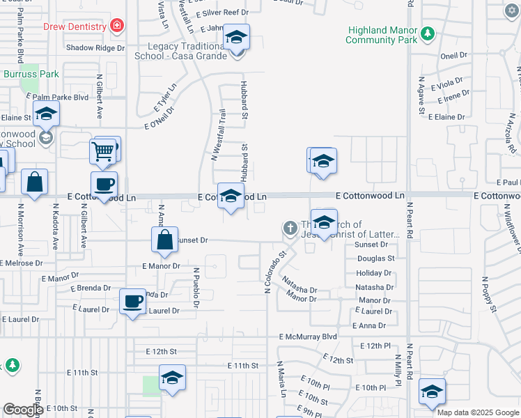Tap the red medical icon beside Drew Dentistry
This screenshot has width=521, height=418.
tap(117, 27)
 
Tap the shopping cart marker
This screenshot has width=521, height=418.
tap(103, 150)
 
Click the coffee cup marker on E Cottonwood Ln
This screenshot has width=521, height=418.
tap(104, 185)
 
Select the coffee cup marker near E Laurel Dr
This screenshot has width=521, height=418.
tap(132, 302)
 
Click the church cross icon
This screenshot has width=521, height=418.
tap(290, 228)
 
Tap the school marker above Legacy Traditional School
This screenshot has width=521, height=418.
tap(237, 37)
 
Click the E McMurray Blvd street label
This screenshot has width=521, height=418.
tap(307, 336)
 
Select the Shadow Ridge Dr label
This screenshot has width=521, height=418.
tap(95, 48)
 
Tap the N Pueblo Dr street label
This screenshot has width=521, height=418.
tap(196, 288)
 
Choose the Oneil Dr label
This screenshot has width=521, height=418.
tap(453, 55)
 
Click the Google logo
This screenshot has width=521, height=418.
tap(23, 410)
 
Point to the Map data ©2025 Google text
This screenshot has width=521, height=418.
tap(478, 412)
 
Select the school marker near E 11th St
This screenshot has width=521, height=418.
tap(172, 378)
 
